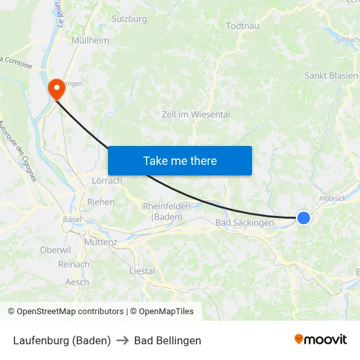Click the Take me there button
click(x=180, y=160)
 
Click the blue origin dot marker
click(x=304, y=217)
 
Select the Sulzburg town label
click(x=130, y=19)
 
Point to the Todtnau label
click(x=242, y=26)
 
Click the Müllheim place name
click(x=90, y=40)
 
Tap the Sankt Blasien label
click(x=331, y=76)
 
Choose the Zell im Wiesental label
click(x=196, y=115)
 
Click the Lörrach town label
click(x=107, y=181)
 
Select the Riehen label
click(x=101, y=202)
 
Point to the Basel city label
click(x=71, y=219)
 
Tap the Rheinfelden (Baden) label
click(x=166, y=211)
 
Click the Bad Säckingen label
click(x=245, y=223)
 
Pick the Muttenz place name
click(x=101, y=242)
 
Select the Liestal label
click(x=142, y=271)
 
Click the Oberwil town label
click(x=55, y=250)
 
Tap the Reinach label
click(x=73, y=264)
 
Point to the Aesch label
click(x=77, y=282)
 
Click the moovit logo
click(x=321, y=340)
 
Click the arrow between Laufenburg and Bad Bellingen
click(x=122, y=340)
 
